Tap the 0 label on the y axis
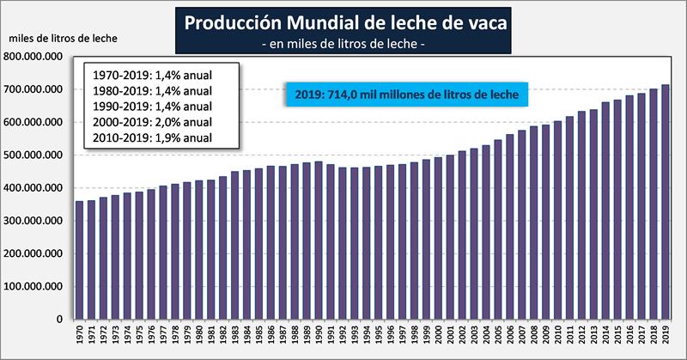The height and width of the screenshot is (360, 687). [x=59, y=320]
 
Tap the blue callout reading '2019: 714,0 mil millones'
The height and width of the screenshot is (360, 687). [x=404, y=95]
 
